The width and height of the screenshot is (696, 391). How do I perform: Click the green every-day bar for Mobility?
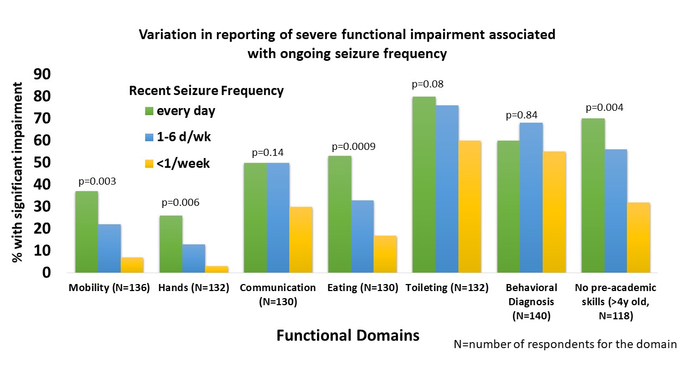point(86,232)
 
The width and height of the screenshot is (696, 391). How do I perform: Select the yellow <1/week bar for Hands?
point(216,269)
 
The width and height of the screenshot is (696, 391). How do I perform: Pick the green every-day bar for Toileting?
point(424,185)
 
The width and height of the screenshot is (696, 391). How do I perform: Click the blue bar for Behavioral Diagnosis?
point(531,198)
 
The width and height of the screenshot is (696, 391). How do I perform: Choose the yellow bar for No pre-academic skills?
point(638,237)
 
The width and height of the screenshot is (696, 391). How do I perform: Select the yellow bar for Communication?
point(301,239)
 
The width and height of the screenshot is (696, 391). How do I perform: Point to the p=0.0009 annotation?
point(354,147)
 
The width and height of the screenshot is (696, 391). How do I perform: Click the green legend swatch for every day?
point(148,111)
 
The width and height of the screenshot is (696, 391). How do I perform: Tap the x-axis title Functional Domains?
point(348,335)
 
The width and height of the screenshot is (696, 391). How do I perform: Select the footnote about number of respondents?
point(565,344)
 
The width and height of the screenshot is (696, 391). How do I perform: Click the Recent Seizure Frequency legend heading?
point(206,91)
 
